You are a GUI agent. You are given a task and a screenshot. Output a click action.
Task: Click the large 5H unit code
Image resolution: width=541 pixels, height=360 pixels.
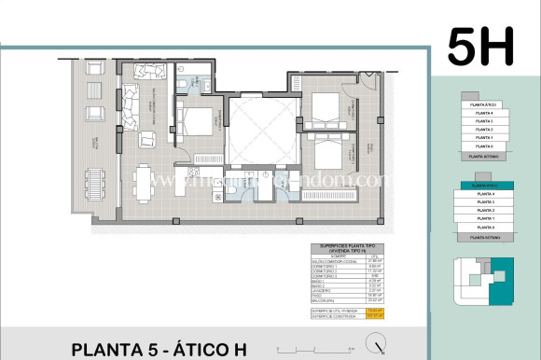point(480,46)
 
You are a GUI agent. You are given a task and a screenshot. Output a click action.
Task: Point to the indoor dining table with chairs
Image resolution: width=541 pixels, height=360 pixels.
point(143,181)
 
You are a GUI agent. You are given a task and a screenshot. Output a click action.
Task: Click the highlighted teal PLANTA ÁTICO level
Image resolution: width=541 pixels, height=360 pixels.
point(482,187)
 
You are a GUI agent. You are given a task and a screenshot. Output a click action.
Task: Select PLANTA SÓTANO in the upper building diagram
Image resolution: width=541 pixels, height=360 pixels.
point(482,157)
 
